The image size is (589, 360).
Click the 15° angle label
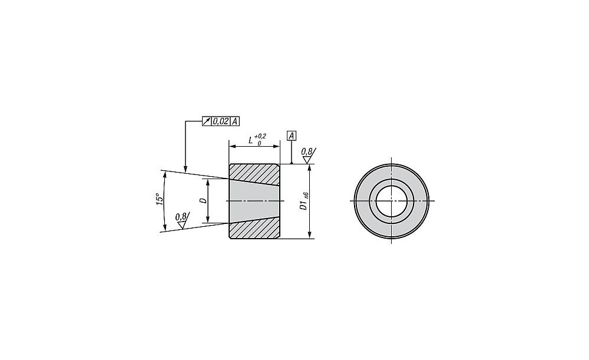pyautogui.click(x=160, y=199)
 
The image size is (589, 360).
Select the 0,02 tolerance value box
pyautogui.click(x=220, y=121)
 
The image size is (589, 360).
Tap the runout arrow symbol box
pyautogui.click(x=207, y=121)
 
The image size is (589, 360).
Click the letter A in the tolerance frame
pyautogui.click(x=234, y=121)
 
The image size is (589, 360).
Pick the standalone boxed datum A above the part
pyautogui.click(x=292, y=136)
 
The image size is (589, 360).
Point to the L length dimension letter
pyautogui.click(x=250, y=141)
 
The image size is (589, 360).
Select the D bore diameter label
pyautogui.click(x=203, y=201)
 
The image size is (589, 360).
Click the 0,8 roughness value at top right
pyautogui.click(x=306, y=151)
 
